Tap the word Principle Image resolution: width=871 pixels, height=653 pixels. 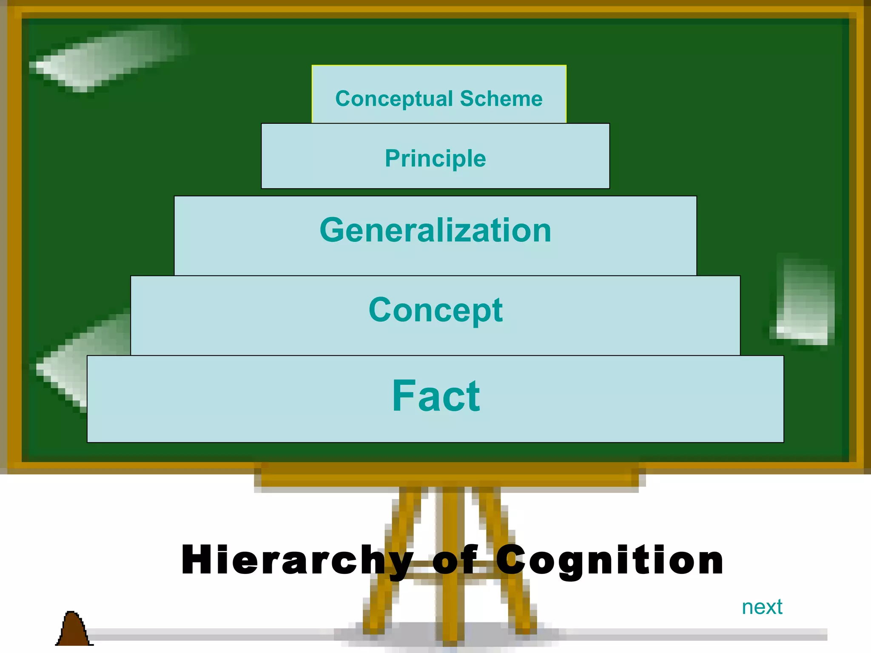(435, 159)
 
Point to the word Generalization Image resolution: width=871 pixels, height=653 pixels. (435, 230)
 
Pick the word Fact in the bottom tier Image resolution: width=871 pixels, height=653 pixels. (435, 396)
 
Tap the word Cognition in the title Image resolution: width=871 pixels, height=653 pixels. (610, 560)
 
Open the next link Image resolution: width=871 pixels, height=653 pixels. (762, 607)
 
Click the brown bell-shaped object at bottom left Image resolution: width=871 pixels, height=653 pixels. (73, 629)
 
